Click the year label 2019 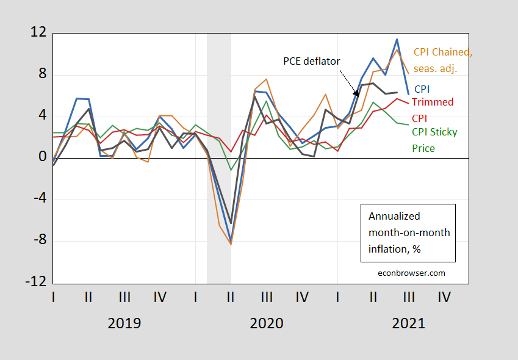click(x=124, y=323)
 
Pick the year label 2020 click(x=266, y=323)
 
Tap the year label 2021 click(x=408, y=323)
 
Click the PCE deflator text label click(x=311, y=61)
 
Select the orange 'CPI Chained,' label click(x=443, y=52)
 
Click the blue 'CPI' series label click(x=422, y=89)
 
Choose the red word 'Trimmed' click(x=433, y=102)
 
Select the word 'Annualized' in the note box click(x=394, y=216)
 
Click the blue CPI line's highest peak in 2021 click(x=397, y=40)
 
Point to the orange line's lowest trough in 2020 click(x=231, y=244)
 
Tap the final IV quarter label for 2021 click(x=444, y=298)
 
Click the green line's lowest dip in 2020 click(x=231, y=170)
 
